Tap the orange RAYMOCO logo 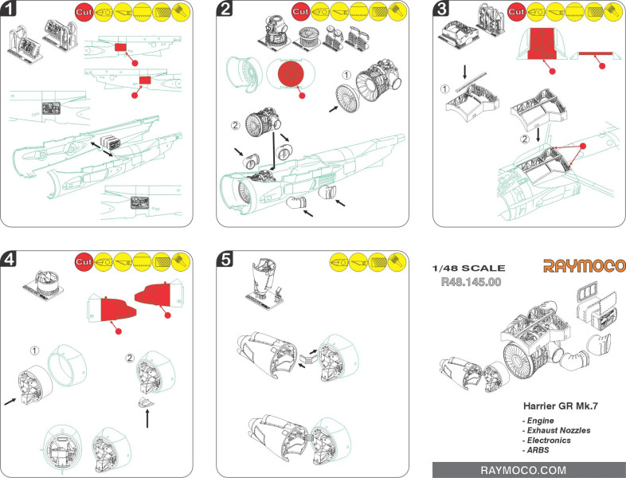coord(585,265)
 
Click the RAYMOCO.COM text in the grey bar coord(529,469)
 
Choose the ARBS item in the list coord(538,450)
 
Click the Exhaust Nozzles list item coord(557,429)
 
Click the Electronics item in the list coord(549,440)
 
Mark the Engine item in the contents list coord(540,419)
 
